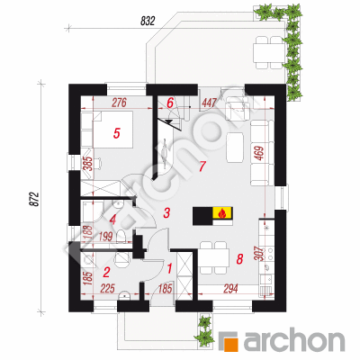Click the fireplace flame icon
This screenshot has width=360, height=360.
click(221, 212)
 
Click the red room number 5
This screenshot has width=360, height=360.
click(117, 133)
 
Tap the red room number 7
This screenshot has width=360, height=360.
click(202, 166)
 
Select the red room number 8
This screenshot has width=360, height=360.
click(239, 259)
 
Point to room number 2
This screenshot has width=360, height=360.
click(106, 273)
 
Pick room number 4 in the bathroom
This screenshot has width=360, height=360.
click(112, 220)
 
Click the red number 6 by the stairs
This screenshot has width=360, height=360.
click(170, 103)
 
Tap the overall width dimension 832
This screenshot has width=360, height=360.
click(148, 22)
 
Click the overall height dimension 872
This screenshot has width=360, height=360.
click(35, 199)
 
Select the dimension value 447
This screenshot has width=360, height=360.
click(209, 103)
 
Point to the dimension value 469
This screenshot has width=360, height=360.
click(260, 154)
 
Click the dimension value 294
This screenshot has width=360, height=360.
click(230, 289)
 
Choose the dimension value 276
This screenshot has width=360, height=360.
click(120, 103)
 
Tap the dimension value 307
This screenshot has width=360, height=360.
click(260, 254)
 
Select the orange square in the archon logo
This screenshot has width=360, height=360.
click(232, 345)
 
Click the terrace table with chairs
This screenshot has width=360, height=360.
click(269, 52)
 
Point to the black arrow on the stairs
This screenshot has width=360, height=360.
click(169, 121)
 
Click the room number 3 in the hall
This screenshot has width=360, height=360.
click(166, 212)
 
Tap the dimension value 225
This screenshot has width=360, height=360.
click(107, 289)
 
